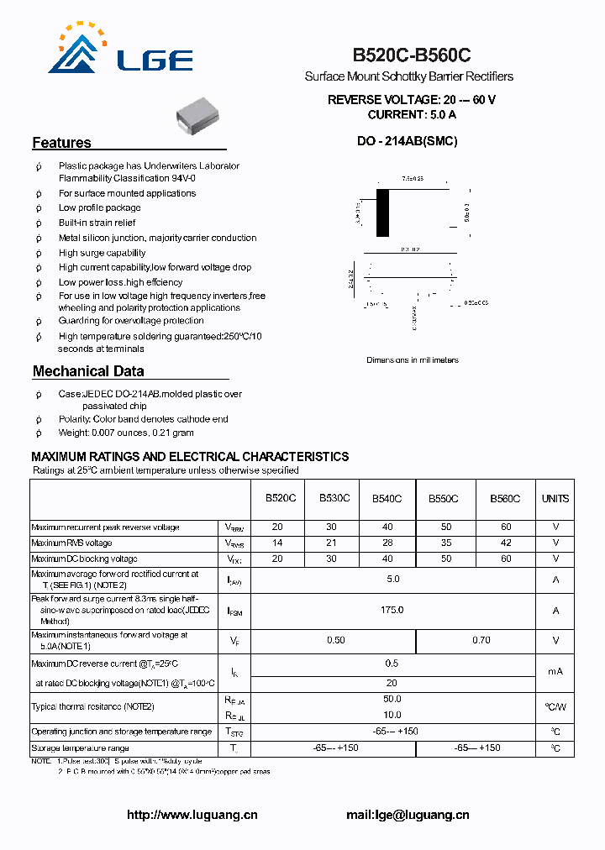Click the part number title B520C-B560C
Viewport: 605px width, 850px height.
[x=411, y=55]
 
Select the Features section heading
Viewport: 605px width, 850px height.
[x=61, y=143]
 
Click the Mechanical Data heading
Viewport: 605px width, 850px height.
[x=88, y=371]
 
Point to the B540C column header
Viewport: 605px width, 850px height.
[x=387, y=499]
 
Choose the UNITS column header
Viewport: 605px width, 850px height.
[x=555, y=499]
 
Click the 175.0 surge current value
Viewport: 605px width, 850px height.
[x=392, y=611]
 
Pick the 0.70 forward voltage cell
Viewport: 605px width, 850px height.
[x=481, y=641]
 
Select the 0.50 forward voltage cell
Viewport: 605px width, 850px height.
[x=335, y=641]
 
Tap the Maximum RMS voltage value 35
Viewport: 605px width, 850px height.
[x=445, y=543]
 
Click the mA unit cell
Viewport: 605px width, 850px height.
[x=555, y=671]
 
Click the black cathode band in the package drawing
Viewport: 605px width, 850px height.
[x=383, y=213]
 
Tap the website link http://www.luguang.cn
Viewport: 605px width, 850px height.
[x=192, y=815]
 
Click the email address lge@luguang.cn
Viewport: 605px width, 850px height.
[x=408, y=815]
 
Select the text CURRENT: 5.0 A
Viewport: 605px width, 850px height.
[x=412, y=114]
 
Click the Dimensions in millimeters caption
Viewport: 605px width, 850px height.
[x=413, y=360]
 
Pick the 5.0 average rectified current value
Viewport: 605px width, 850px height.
[x=392, y=580]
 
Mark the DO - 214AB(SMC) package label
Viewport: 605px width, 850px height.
[x=408, y=142]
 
